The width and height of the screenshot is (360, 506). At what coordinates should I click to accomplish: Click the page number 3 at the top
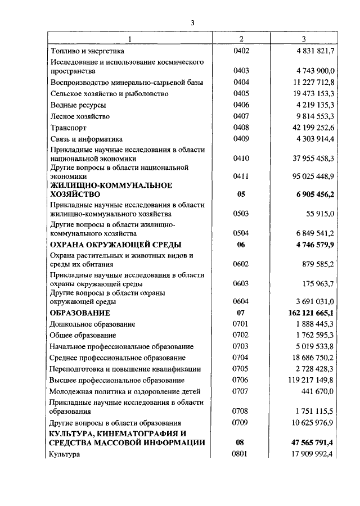[x=192, y=22]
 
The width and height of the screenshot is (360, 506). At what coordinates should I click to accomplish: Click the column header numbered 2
[x=241, y=39]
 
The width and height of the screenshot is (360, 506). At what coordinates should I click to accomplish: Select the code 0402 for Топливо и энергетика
[x=241, y=51]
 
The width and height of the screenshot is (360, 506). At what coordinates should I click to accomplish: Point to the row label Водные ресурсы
[x=78, y=105]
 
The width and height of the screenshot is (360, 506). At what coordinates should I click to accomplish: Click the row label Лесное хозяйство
[x=80, y=116]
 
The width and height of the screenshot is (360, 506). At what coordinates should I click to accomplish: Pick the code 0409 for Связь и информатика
[x=241, y=139]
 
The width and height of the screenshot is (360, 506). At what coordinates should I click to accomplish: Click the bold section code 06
[x=241, y=245]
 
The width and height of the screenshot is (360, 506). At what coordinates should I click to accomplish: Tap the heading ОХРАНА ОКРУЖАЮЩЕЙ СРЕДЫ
[x=116, y=245]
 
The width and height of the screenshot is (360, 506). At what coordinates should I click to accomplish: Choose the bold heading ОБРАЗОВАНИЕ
[x=80, y=313]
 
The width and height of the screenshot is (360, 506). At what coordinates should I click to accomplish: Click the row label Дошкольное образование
[x=92, y=324]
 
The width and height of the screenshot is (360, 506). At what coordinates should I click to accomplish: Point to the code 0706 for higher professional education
[x=241, y=381]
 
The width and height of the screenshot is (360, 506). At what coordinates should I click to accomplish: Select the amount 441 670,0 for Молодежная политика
[x=318, y=392]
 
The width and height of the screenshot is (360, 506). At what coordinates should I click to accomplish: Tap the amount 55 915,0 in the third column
[x=320, y=214]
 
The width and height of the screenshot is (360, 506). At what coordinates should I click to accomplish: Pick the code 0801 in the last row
[x=241, y=454]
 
